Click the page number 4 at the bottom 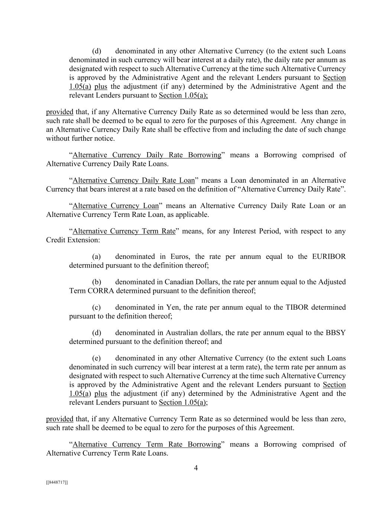[x=196, y=468]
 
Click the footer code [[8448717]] [x=57, y=482]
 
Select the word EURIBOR [x=330, y=256]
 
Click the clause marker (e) [x=97, y=358]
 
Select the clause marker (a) [x=97, y=256]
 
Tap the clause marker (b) [x=97, y=282]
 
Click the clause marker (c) [x=97, y=307]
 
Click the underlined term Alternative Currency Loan [x=116, y=206]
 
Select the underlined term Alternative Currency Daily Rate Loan [x=133, y=180]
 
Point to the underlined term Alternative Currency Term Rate [x=124, y=231]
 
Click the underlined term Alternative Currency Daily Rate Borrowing [x=146, y=155]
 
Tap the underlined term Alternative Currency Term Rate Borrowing [x=146, y=444]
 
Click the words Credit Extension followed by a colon [x=73, y=240]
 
